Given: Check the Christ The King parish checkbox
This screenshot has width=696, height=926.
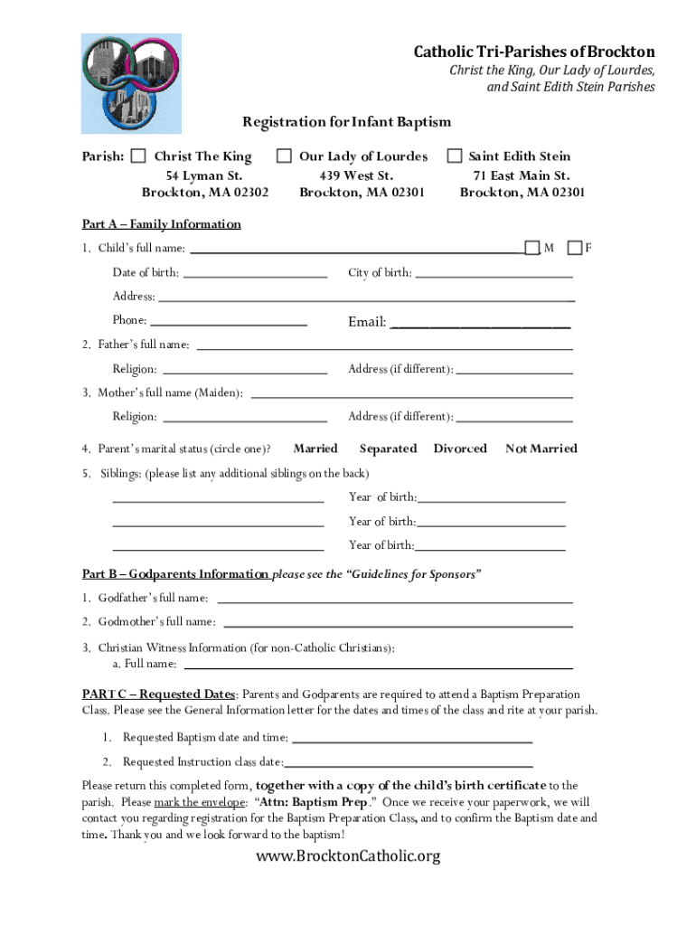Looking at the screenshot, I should (138, 156).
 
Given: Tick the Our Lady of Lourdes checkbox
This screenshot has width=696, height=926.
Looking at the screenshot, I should (284, 156).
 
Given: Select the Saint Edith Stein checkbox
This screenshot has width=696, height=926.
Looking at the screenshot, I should (454, 156).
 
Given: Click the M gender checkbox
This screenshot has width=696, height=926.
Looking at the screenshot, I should (532, 248).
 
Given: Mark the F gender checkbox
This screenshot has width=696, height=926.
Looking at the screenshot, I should (574, 248).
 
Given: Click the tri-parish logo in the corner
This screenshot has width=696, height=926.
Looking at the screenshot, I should (131, 83).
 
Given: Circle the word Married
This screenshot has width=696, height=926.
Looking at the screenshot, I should (315, 449).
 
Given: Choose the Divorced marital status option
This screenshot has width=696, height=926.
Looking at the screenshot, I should (460, 449).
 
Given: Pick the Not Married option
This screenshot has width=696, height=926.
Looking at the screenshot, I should (541, 449).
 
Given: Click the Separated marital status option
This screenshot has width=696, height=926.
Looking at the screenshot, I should (388, 449).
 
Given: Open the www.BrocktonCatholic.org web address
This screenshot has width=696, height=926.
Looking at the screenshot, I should (348, 855).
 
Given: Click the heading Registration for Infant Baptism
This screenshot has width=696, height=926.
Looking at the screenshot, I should (346, 121).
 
